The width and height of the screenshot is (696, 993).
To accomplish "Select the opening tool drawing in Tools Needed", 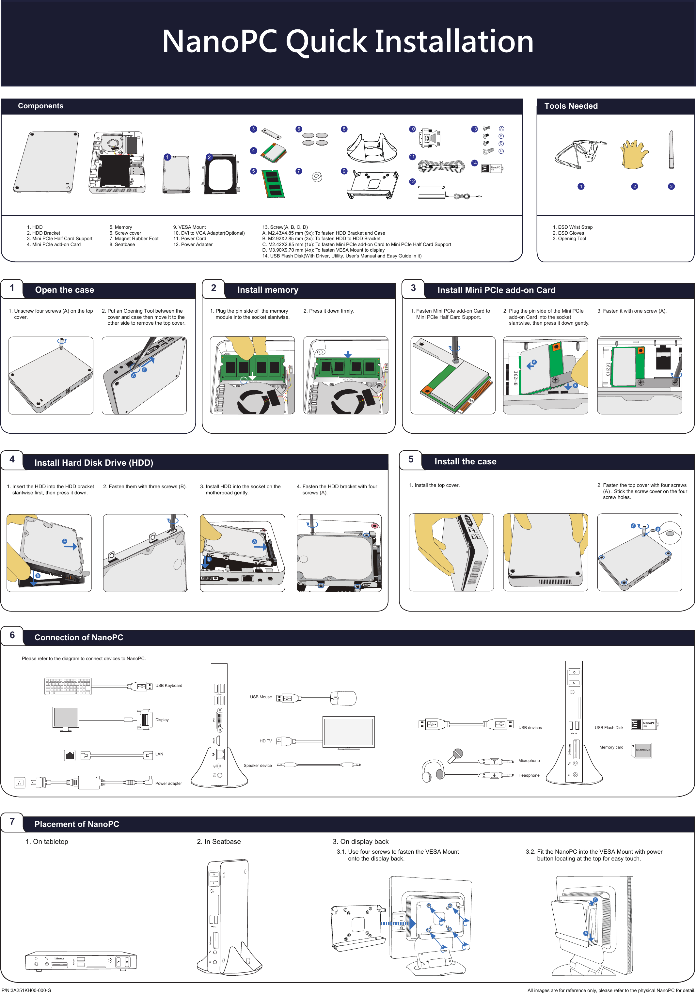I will pos(671,150).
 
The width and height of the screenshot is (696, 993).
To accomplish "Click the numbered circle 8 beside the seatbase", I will pos(344,129).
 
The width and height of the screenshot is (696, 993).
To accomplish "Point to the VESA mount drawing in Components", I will pos(372,185).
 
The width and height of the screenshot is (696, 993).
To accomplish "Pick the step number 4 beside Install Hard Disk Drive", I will pos(12,459).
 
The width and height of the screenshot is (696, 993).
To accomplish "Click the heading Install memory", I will pos(267,290).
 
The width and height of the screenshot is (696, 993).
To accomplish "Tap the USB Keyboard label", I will pos(169,686).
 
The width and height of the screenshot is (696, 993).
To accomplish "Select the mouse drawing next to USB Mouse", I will pos(343,698).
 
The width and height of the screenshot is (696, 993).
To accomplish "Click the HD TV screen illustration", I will pos(348,732).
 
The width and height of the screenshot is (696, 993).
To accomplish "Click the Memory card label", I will pos(611,747).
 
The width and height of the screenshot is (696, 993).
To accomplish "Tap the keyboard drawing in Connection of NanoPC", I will pos(68,686).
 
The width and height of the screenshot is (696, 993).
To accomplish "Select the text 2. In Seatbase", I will pos(218,841).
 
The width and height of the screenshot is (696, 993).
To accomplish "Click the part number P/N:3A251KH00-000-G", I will pos(26,990).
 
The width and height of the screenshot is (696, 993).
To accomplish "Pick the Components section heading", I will pos(41,106).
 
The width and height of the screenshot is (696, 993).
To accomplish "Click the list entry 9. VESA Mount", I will pos(189,227).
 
